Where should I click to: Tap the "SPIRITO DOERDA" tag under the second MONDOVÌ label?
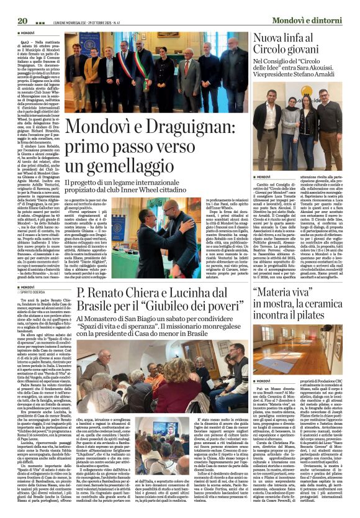click(38, 293)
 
